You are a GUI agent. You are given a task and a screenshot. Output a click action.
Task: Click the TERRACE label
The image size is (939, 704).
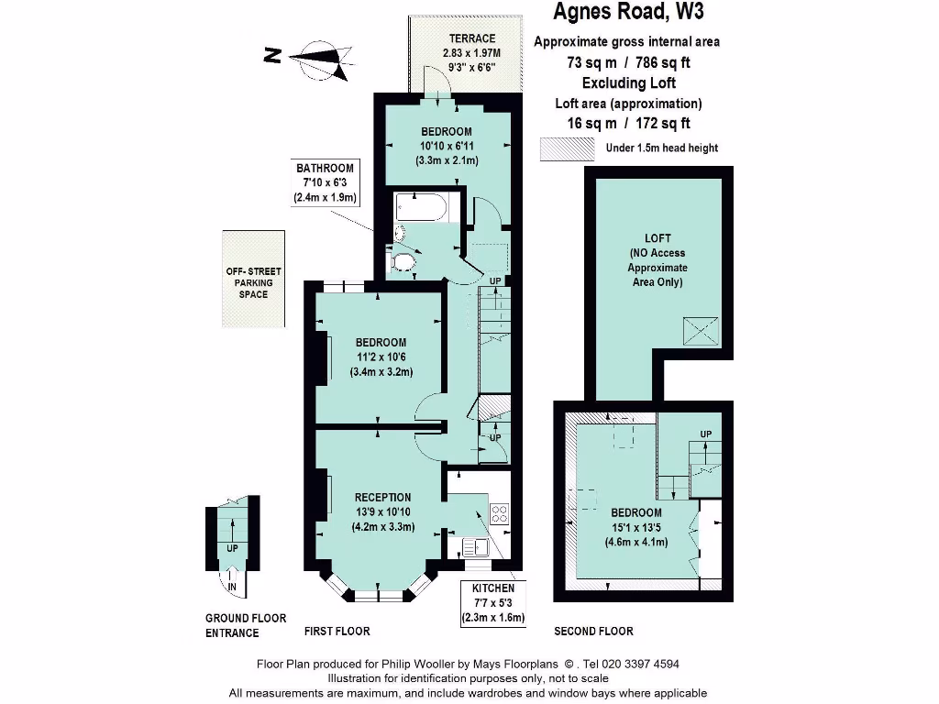pos(471,38)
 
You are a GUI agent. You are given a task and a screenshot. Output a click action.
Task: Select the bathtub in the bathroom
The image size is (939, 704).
pos(423,208)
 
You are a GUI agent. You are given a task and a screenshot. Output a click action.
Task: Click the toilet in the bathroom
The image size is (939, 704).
pos(402,263)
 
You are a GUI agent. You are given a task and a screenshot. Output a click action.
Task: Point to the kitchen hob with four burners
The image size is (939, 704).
pos(500,513)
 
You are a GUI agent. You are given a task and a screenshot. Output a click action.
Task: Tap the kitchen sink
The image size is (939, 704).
pos(476,548)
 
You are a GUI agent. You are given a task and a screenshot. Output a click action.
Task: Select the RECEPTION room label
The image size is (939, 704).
pos(383,497)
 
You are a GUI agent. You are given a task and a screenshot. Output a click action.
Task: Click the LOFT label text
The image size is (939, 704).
pos(657,238)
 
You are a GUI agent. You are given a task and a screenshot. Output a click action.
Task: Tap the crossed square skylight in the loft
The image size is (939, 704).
pos(700,331)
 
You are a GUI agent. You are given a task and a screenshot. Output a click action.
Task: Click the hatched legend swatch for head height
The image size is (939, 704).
pos(568,148)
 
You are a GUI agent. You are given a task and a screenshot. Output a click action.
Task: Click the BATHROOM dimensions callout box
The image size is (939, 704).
pos(325,182)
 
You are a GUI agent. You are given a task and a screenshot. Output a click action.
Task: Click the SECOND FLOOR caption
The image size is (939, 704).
pos(593,631)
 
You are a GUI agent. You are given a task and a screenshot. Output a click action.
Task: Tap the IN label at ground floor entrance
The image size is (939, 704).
pos(232,587)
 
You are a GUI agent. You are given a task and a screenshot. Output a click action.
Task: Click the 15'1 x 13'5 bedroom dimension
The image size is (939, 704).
pos(635,527)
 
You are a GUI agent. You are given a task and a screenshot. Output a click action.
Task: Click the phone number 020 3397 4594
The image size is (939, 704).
pos(633,665)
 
